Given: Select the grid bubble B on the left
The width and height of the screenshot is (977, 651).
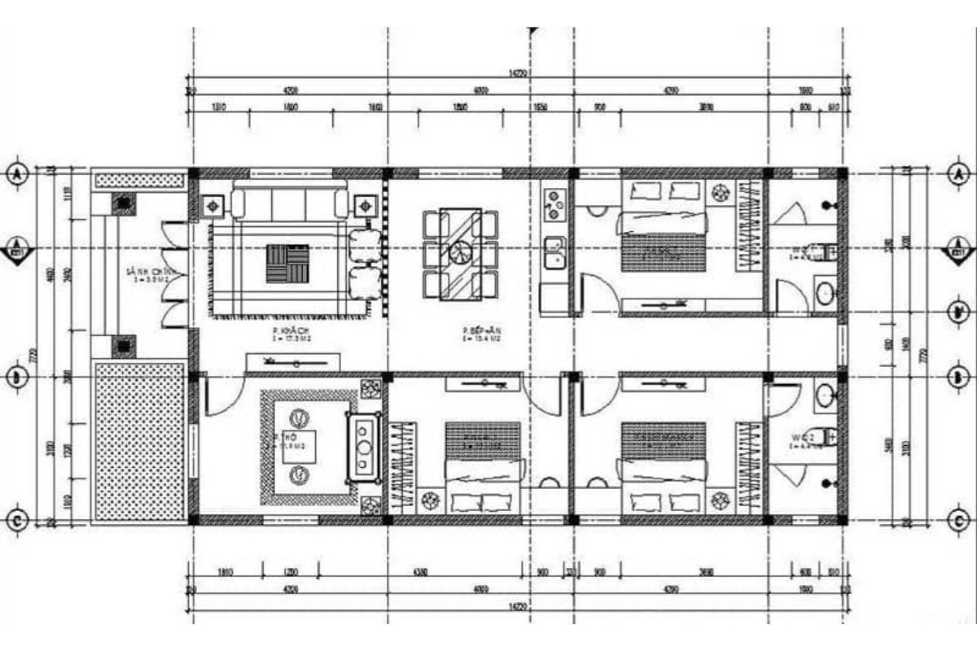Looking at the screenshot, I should [18, 377].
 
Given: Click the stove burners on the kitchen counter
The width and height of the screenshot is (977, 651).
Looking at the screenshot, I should [554, 204].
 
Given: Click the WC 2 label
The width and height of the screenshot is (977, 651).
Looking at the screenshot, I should [802, 440].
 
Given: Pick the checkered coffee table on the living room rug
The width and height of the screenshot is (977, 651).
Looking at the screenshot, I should [288, 264].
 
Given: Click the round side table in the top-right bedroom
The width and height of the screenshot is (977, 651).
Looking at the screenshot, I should [721, 193].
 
